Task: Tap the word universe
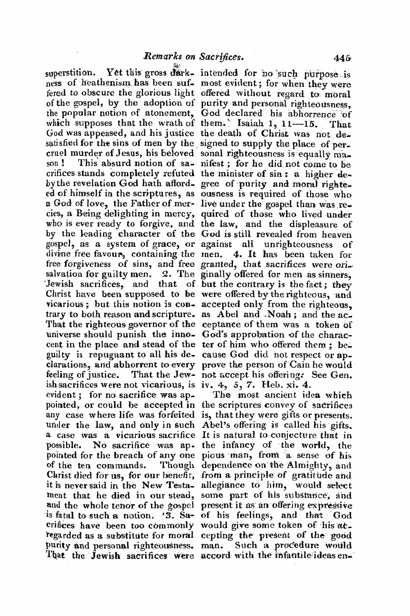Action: pyautogui.click(x=61, y=335)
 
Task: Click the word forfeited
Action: pyautogui.click(x=174, y=415)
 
